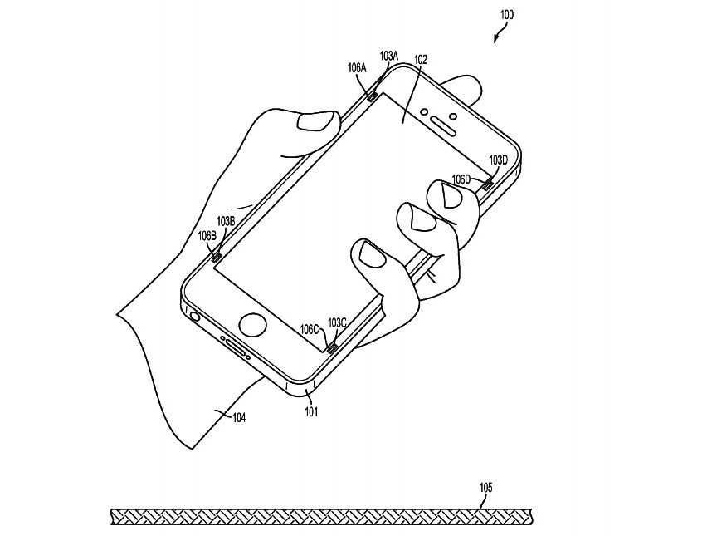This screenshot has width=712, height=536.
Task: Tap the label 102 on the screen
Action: pos(421,59)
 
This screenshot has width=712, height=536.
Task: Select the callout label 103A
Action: pos(389,55)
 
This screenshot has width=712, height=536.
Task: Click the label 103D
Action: pos(499,160)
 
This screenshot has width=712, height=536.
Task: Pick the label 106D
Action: pos(462,179)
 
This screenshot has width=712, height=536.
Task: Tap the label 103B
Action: pos(227,221)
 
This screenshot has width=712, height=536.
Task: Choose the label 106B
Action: pos(207,235)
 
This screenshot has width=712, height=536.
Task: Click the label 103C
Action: pos(337,322)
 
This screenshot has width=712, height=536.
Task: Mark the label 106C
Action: pos(310,329)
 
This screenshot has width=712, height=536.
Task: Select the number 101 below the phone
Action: pos(311,410)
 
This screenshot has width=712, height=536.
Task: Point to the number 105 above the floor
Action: pos(486,488)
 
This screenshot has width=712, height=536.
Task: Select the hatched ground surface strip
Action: pos(323,517)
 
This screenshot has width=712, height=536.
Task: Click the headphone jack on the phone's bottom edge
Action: pos(195,316)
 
